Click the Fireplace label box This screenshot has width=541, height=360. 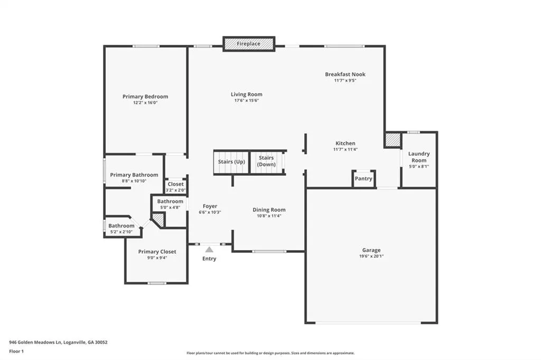pos(249,44)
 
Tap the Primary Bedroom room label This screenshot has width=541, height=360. pos(145,97)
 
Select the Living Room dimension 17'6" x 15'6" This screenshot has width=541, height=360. pos(246,101)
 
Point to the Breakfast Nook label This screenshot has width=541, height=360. pos(345,74)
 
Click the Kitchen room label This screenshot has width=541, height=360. pos(346,143)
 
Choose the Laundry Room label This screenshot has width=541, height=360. pos(419,157)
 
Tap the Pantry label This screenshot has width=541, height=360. pos(363,178)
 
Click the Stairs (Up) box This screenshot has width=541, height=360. pos(231,163)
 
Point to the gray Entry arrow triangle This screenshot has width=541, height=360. pos(209,250)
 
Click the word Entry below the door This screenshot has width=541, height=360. pos(209,259)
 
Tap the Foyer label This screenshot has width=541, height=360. pos(210,206)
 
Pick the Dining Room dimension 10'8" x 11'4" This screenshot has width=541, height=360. pos(269,216)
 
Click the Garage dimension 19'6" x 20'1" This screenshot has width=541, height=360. pos(371,256)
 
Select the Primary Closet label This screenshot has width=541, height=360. pos(157,252)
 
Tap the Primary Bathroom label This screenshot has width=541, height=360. pos(134,175)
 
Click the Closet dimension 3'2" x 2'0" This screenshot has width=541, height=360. pos(175,190)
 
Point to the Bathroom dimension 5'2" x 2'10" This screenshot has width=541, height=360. pos(122,232)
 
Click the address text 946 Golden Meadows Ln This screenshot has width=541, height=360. pos(35,343)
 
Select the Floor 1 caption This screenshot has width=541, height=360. pos(16,352)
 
